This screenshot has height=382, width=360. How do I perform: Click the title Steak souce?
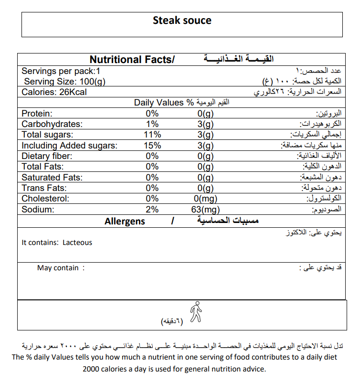click(x=182, y=21)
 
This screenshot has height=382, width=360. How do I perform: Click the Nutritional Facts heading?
click(x=132, y=60)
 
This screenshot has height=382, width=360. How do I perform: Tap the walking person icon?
click(x=196, y=312)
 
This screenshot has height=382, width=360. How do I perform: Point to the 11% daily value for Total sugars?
click(x=152, y=135)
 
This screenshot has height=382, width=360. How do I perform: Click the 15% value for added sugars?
click(x=152, y=146)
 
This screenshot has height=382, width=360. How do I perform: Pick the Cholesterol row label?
click(x=46, y=199)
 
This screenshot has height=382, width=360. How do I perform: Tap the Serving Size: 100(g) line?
click(x=64, y=82)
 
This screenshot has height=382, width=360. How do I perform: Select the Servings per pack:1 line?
click(x=61, y=71)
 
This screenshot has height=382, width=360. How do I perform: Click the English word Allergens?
click(x=125, y=222)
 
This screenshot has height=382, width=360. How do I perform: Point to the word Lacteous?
click(x=77, y=243)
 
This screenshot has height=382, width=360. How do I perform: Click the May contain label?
click(x=58, y=268)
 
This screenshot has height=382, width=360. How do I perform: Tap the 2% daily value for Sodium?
click(x=152, y=210)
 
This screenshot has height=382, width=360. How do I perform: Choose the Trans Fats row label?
click(x=45, y=188)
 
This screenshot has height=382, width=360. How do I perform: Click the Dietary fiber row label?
click(x=47, y=156)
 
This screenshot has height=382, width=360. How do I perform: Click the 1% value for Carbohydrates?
click(x=152, y=124)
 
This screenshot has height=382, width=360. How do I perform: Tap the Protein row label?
click(x=37, y=114)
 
